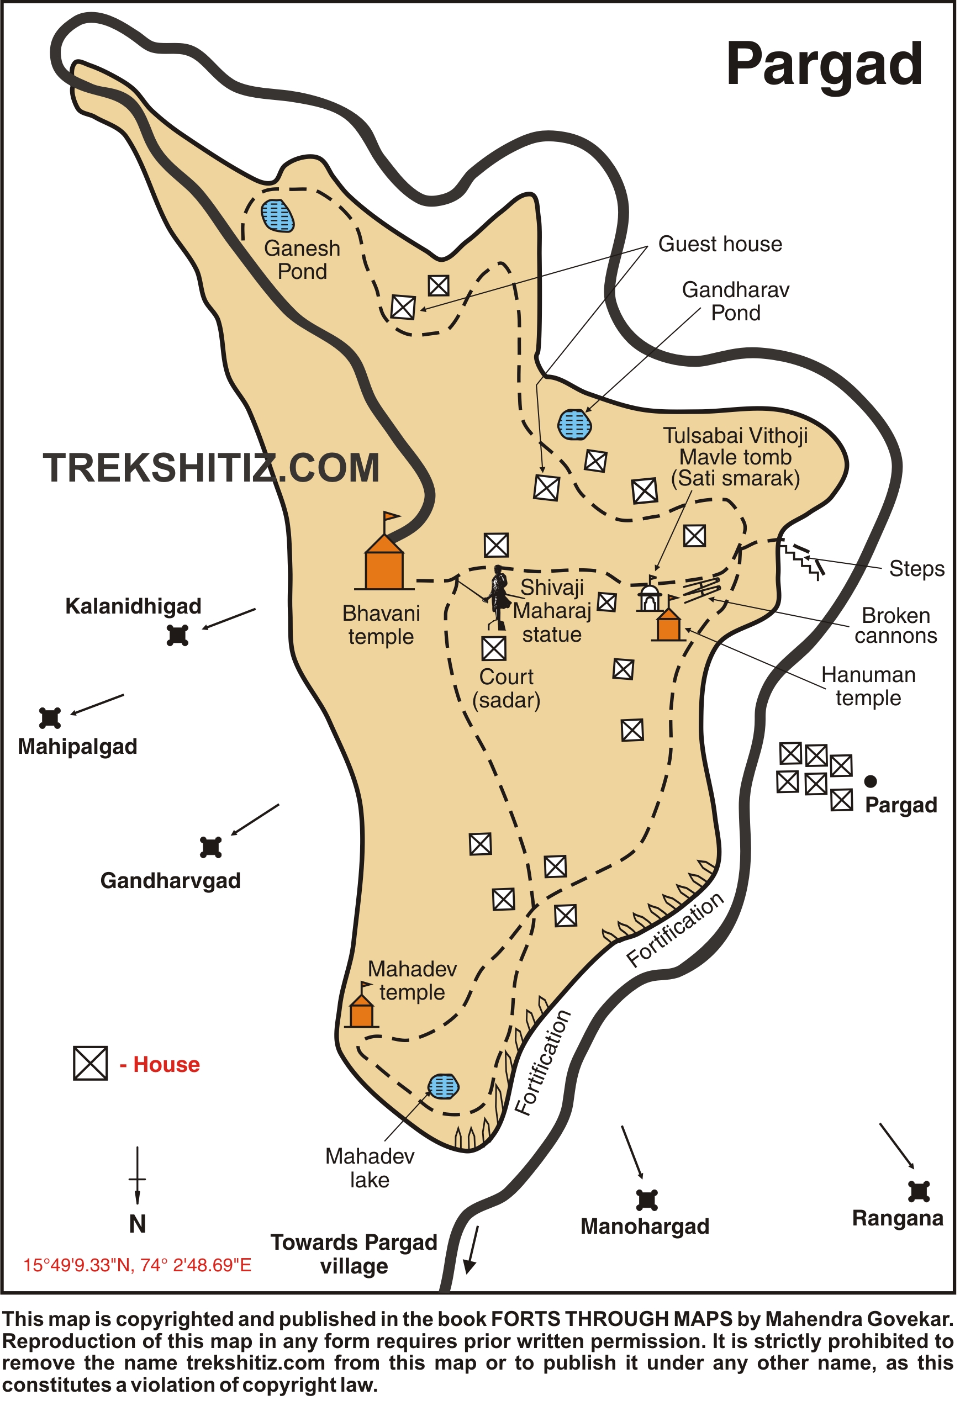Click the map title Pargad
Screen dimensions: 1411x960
tap(824, 66)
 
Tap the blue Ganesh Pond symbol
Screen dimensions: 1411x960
tap(277, 215)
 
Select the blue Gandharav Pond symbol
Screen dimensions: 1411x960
tap(574, 424)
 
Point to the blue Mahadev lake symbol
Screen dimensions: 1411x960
tap(443, 1087)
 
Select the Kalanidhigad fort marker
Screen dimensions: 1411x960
tap(177, 636)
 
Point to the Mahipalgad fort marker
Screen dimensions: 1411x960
tap(50, 717)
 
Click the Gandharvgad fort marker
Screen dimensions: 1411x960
tap(210, 847)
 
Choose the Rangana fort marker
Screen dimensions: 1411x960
tap(919, 1191)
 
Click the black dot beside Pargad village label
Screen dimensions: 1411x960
tap(870, 781)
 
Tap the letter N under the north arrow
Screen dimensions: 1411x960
tap(138, 1223)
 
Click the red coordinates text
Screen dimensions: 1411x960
tap(137, 1265)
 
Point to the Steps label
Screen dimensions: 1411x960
tap(916, 569)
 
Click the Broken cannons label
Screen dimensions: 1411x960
tap(895, 625)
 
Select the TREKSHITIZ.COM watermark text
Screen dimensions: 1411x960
tap(212, 468)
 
